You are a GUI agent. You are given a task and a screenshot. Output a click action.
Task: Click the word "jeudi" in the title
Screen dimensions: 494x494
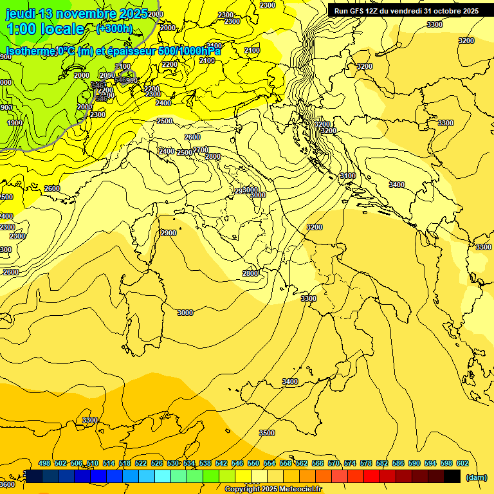(20, 14)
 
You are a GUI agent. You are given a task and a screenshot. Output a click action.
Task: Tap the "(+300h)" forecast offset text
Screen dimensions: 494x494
(114, 28)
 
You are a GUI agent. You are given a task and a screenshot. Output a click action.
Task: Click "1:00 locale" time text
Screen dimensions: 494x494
(45, 29)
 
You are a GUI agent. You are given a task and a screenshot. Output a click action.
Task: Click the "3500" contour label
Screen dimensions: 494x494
(267, 433)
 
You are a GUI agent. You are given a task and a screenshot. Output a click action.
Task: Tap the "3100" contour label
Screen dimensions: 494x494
(347, 176)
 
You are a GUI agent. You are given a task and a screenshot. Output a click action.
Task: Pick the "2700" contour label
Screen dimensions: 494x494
(201, 150)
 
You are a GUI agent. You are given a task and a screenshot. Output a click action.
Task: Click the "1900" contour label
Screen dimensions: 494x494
(15, 123)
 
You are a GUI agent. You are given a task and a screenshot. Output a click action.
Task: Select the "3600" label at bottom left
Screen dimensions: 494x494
(7, 484)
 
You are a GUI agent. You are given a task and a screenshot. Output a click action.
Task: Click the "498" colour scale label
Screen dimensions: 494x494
(44, 463)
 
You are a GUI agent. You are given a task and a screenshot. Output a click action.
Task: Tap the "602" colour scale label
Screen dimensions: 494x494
(462, 463)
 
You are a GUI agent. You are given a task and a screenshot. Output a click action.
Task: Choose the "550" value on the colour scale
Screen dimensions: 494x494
(253, 463)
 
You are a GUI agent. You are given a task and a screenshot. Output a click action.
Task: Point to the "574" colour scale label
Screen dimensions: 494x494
(350, 463)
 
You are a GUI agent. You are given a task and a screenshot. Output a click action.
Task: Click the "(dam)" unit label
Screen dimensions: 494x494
(477, 477)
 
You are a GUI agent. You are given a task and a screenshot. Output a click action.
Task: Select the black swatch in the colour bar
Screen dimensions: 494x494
(452, 476)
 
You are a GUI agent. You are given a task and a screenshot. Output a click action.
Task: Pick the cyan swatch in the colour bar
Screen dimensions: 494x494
(163, 476)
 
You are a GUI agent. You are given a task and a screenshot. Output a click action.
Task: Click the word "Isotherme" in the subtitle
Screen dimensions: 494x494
(30, 51)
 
